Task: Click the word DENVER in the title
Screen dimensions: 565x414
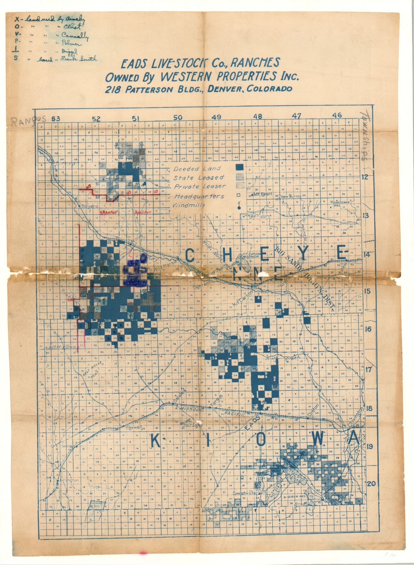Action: pyautogui.click(x=226, y=89)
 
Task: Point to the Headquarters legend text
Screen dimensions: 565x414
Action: pyautogui.click(x=199, y=196)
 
